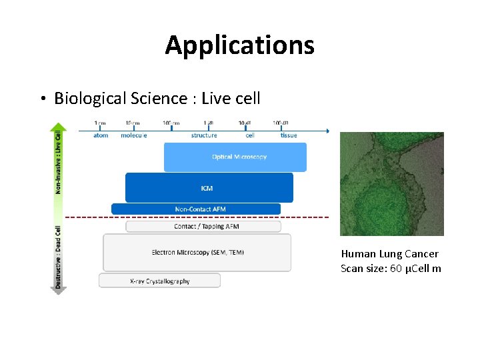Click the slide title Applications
point(239,45)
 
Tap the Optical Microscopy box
point(235,157)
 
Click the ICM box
point(208,188)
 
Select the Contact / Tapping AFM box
point(203,227)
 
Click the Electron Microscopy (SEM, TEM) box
point(197,252)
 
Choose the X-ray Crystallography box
point(159,281)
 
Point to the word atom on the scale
point(101,135)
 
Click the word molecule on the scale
point(134,135)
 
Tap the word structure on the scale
point(204,135)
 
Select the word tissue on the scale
point(289,135)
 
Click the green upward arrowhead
point(59,126)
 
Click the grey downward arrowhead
point(59,290)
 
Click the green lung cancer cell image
point(391,183)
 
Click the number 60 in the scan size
point(396,269)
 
